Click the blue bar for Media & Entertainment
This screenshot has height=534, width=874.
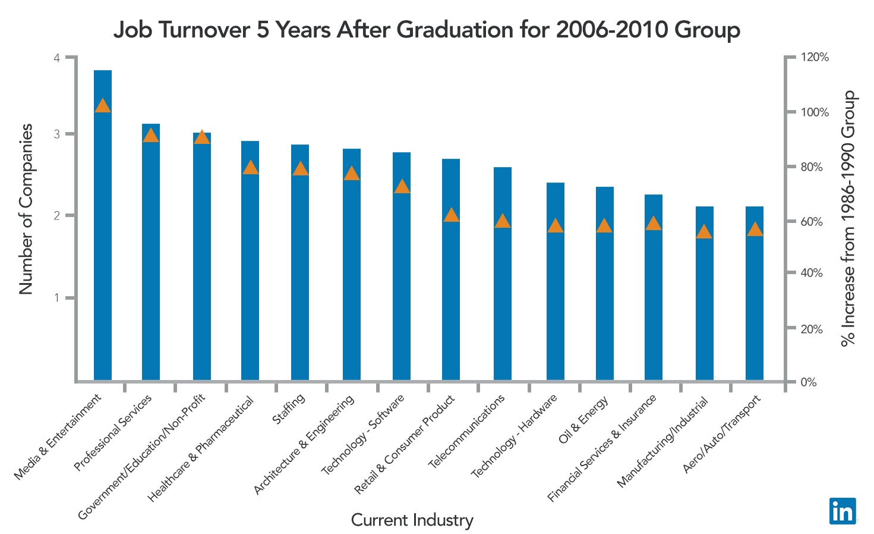tap(103, 238)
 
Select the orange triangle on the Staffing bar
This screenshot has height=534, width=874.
tap(301, 169)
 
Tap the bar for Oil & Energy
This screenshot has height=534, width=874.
tap(605, 285)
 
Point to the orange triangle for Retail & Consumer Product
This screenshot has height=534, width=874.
tap(452, 215)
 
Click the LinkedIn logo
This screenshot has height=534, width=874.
tap(843, 511)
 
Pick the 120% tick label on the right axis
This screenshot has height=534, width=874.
tap(815, 58)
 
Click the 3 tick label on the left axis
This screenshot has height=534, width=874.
tap(57, 134)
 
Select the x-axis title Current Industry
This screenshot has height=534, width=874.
tap(412, 520)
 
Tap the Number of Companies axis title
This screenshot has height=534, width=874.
tap(26, 209)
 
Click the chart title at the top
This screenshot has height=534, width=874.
tap(427, 30)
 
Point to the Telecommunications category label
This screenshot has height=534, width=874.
tap(467, 431)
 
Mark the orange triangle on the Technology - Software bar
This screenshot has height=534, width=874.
tap(402, 187)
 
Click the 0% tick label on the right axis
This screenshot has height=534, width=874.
tap(809, 382)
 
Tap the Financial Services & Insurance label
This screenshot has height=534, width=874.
tap(602, 448)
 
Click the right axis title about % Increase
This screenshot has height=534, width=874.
tap(848, 218)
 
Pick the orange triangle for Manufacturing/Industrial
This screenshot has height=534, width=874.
tap(704, 232)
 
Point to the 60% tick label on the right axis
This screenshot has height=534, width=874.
tap(812, 222)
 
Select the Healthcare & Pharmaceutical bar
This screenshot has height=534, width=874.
tap(250, 268)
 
